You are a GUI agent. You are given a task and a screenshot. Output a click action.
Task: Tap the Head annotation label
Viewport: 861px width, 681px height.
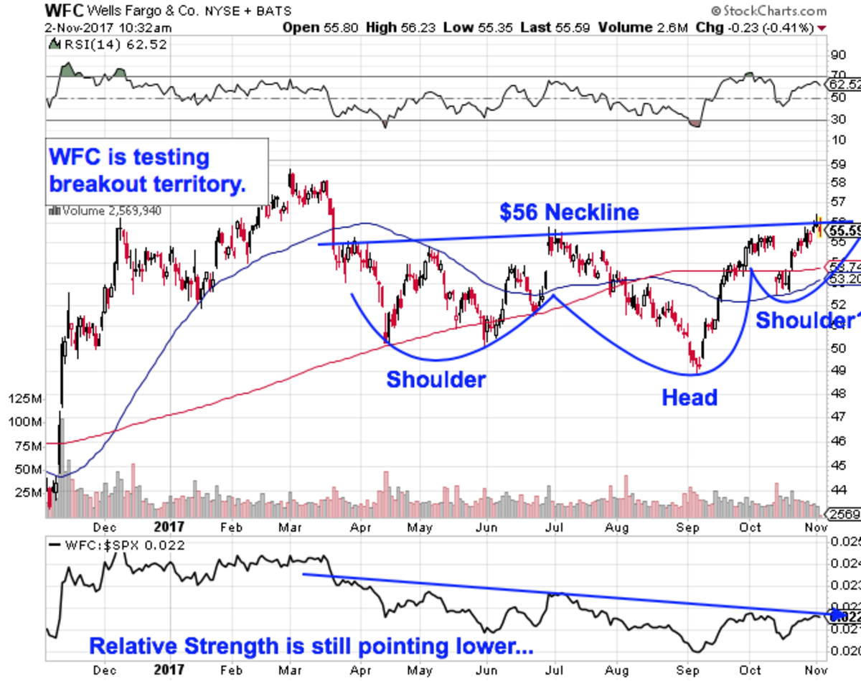click(x=690, y=397)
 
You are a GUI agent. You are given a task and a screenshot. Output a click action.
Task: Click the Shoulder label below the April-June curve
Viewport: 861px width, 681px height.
click(x=436, y=379)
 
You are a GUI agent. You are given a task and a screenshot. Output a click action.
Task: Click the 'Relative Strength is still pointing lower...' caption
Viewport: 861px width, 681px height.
click(x=311, y=646)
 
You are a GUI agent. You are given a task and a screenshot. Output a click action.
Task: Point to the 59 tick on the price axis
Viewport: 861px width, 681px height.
click(x=837, y=164)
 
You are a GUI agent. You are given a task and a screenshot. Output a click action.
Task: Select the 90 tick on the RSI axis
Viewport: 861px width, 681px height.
click(x=837, y=55)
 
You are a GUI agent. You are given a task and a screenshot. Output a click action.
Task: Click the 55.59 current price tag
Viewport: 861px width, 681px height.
click(x=844, y=231)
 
